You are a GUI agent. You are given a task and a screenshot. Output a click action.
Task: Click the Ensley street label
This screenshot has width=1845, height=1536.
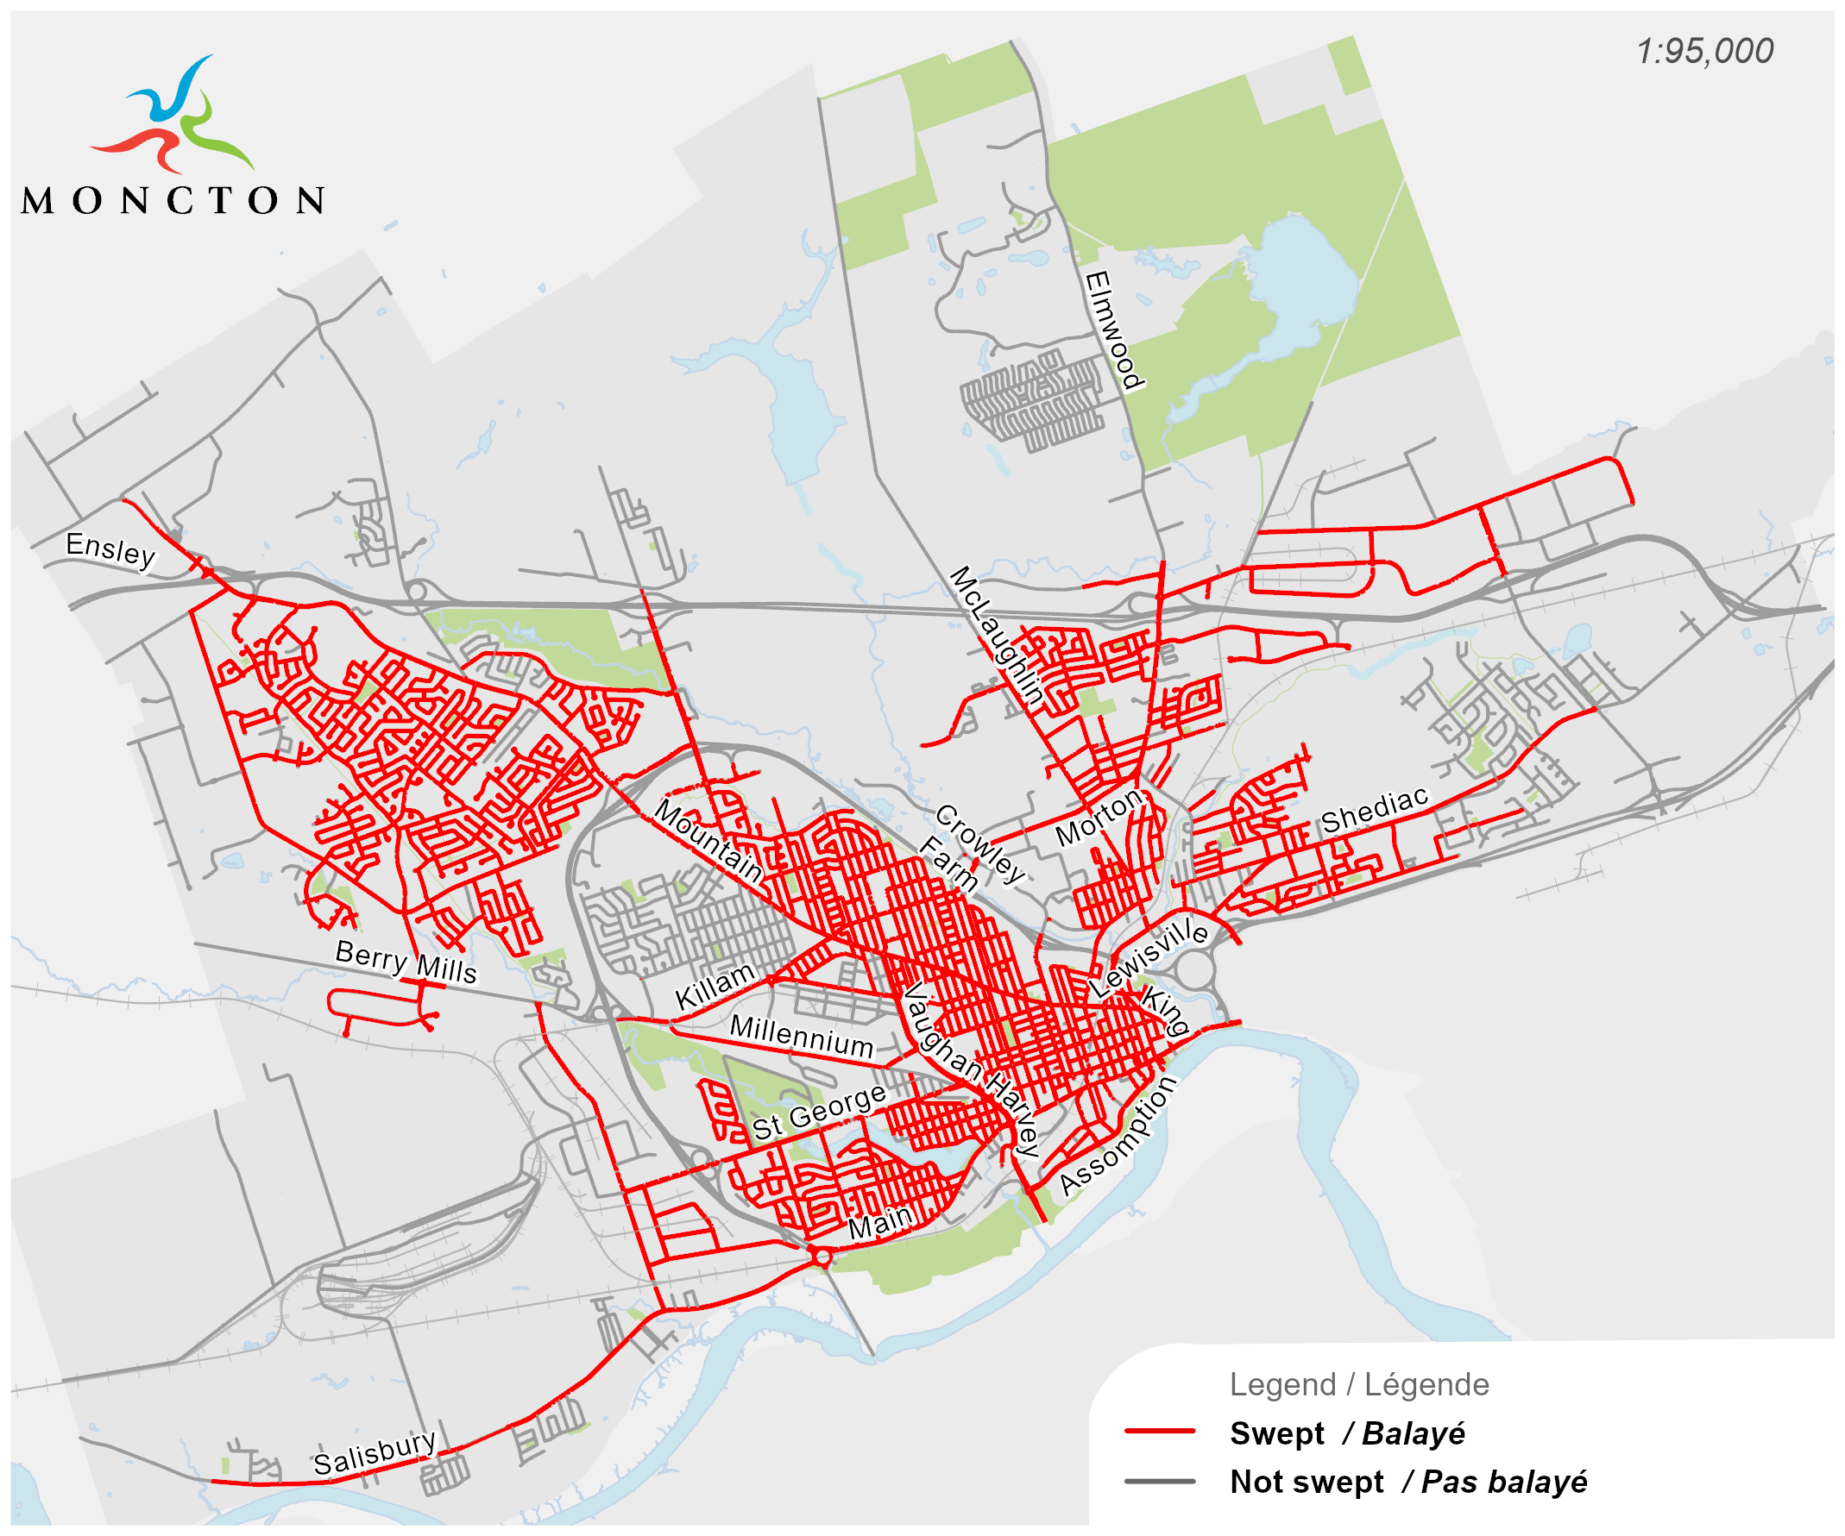click(110, 550)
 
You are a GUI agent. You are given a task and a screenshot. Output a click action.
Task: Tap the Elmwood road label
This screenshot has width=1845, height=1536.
click(1113, 330)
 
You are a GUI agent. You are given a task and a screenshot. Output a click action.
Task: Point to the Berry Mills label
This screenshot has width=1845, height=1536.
click(406, 962)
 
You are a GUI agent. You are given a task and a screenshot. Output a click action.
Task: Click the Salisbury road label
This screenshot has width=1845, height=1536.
click(375, 1453)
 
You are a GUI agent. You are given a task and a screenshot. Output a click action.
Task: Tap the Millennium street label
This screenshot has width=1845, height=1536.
click(802, 1037)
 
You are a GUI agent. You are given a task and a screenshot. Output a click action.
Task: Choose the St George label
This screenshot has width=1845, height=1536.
click(819, 1112)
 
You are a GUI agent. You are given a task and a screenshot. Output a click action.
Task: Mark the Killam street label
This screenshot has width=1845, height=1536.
click(715, 986)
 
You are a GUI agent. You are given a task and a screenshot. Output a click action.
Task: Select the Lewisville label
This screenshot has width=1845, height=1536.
click(1149, 956)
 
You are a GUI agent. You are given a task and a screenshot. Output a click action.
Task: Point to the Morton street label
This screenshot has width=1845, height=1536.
click(1099, 817)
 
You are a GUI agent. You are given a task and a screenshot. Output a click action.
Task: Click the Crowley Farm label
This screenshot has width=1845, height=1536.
click(972, 848)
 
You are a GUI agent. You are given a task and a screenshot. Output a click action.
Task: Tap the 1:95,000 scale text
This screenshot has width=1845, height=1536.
click(1703, 52)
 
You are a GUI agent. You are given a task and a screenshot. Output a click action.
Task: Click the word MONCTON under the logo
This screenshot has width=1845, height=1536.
click(173, 201)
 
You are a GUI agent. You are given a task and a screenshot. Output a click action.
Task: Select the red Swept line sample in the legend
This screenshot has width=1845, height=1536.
click(1160, 1432)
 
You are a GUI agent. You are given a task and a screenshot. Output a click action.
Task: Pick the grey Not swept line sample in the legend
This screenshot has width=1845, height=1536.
click(1160, 1482)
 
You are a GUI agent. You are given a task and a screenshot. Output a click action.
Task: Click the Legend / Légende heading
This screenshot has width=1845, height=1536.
click(1358, 1385)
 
